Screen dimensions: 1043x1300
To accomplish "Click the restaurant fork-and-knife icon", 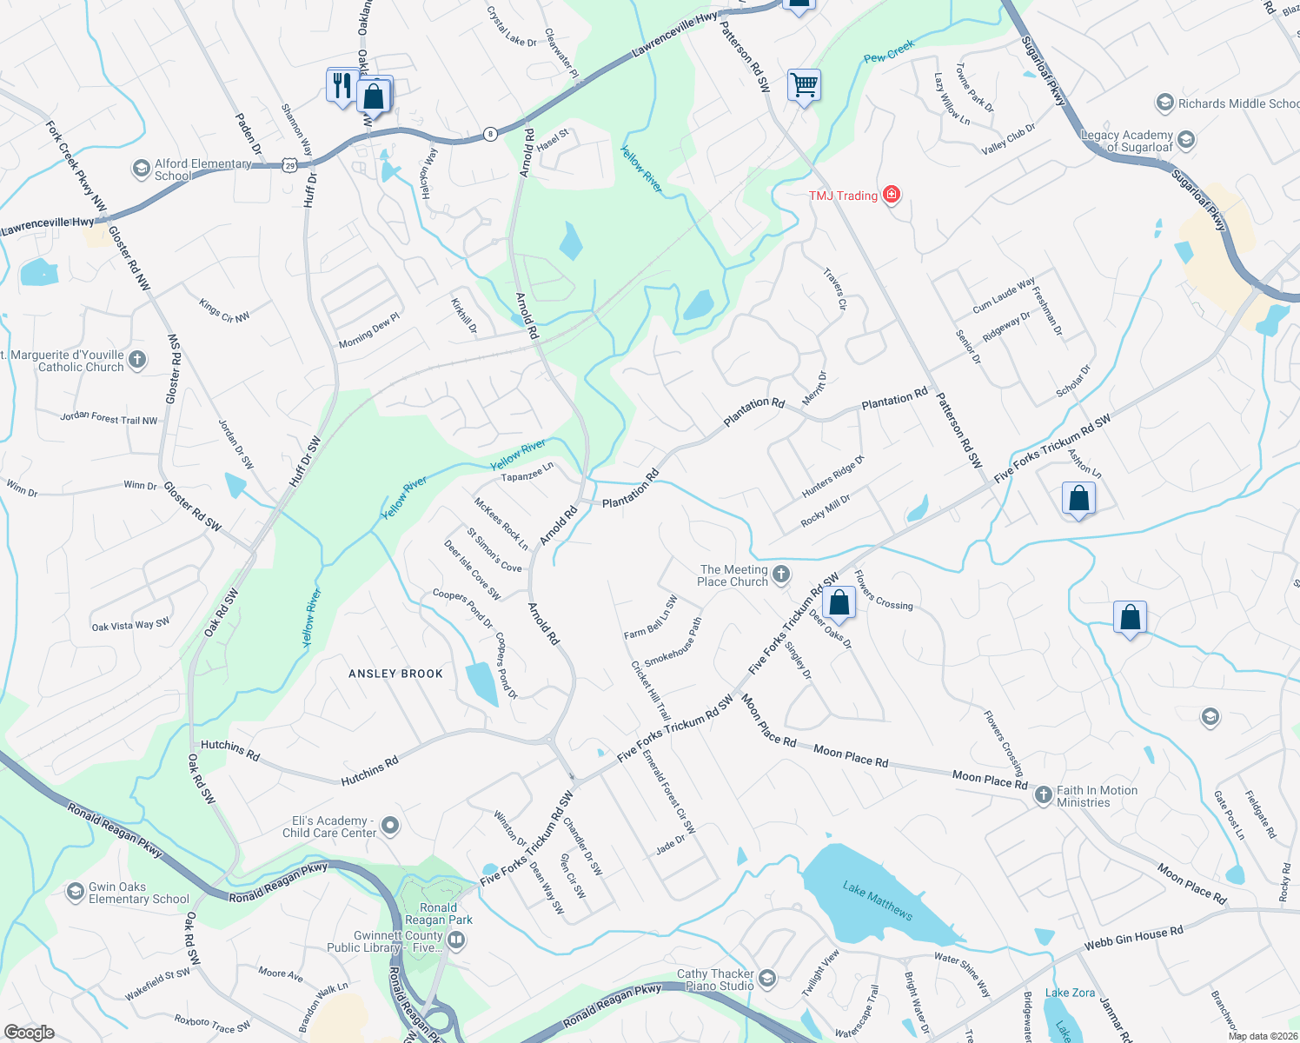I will click(x=342, y=86).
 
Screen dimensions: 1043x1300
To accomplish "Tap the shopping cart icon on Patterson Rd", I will click(x=804, y=86).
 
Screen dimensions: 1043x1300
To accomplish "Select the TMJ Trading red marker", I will click(x=891, y=195).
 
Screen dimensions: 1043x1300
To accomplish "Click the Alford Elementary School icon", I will click(x=141, y=169).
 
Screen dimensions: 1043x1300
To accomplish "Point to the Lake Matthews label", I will click(x=878, y=900).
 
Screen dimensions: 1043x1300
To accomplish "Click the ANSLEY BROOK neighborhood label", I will click(x=395, y=674).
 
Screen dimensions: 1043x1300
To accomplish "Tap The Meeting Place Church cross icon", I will click(x=781, y=574).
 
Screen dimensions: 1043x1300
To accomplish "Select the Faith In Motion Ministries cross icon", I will click(x=1043, y=796).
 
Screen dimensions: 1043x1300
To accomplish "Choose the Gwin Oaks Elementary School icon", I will click(x=76, y=892).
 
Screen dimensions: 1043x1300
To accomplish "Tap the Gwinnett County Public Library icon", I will click(x=457, y=940).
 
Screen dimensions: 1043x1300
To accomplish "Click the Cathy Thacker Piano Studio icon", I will click(x=766, y=979).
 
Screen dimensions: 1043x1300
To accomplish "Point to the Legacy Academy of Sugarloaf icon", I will click(x=1186, y=139).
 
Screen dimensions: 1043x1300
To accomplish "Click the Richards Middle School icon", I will click(x=1164, y=103).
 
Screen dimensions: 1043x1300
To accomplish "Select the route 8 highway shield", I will click(x=491, y=134).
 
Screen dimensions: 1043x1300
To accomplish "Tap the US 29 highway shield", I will click(x=289, y=164).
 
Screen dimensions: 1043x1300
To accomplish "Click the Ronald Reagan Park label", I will click(x=439, y=913).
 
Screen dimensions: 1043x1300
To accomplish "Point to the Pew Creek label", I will click(x=889, y=51).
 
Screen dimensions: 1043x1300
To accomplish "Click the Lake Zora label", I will click(x=1070, y=993).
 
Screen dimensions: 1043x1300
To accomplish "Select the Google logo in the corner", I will click(x=30, y=1032).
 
